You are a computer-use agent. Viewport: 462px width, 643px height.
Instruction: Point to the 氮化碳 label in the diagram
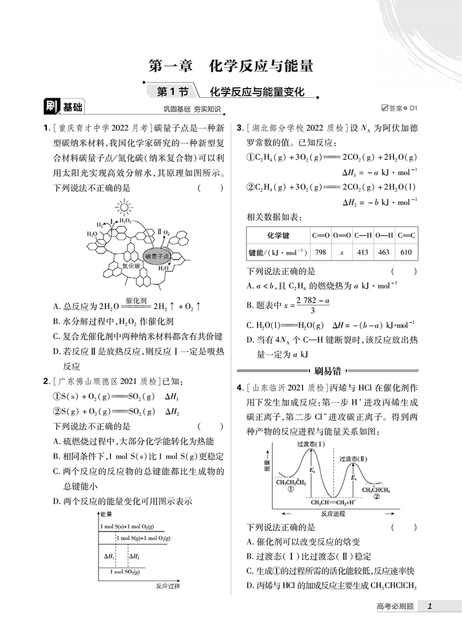pyautogui.click(x=131, y=266)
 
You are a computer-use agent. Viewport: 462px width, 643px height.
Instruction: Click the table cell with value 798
pyautogui.click(x=320, y=252)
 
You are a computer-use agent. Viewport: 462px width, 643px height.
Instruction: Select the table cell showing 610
pyautogui.click(x=406, y=252)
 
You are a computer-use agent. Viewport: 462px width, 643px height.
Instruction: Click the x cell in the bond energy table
pyautogui.click(x=342, y=252)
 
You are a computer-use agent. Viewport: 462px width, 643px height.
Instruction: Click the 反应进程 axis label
pyautogui.click(x=333, y=513)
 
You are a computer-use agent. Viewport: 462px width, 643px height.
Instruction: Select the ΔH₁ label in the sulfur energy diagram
pyautogui.click(x=110, y=556)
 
